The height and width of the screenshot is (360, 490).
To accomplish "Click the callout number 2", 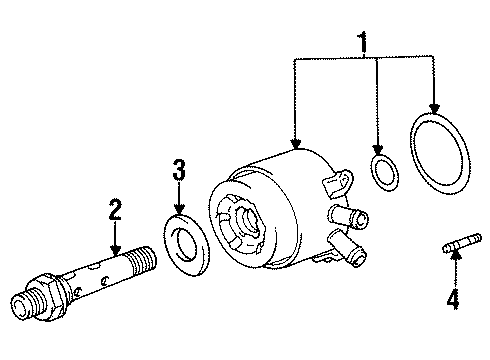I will [115, 209].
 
